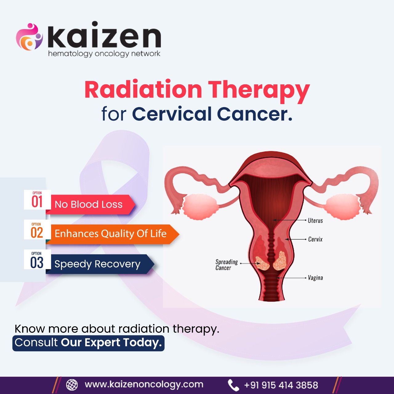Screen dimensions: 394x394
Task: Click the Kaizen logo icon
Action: [29, 37]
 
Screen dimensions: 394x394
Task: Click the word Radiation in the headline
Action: [143, 90]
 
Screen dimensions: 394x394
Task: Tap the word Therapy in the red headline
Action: [259, 91]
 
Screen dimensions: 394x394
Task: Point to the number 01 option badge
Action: [37, 200]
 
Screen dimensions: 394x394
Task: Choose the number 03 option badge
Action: [37, 260]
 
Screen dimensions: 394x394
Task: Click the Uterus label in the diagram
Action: [315, 221]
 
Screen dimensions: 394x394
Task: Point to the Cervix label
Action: [315, 239]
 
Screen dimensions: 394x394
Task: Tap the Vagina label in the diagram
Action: [315, 278]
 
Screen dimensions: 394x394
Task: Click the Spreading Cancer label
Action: [226, 265]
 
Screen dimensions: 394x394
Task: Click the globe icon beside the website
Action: [72, 385]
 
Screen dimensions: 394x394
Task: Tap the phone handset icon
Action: [233, 385]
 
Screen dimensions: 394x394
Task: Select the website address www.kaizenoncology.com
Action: [144, 384]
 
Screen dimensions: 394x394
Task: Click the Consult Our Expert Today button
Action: [88, 343]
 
